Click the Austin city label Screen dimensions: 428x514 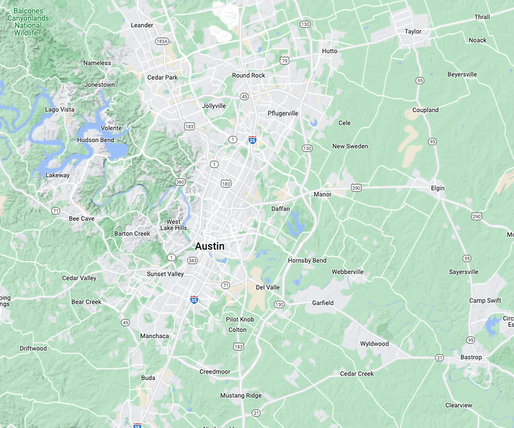coord(209,246)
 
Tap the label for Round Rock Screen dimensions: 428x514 coord(249,75)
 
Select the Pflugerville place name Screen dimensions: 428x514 coord(283,113)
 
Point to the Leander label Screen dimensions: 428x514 coord(142,25)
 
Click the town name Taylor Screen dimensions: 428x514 coord(413,31)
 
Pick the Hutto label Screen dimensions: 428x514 coord(329,51)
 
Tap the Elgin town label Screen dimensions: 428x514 coord(438,188)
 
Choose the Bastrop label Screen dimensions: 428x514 coord(471,357)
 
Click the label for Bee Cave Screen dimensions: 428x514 coord(82,219)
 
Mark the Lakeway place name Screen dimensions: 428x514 coord(57,175)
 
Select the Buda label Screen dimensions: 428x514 coord(148,377)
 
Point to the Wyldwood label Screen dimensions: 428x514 coord(374,344)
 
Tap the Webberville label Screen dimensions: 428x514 coord(347,272)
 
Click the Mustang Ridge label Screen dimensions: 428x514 coord(240,396)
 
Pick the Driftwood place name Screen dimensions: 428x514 coord(33,348)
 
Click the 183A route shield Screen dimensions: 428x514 coord(162,42)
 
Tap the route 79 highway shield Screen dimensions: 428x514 coord(284,61)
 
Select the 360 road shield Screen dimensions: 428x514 coord(180,182)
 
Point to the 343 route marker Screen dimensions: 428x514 coord(192,261)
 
